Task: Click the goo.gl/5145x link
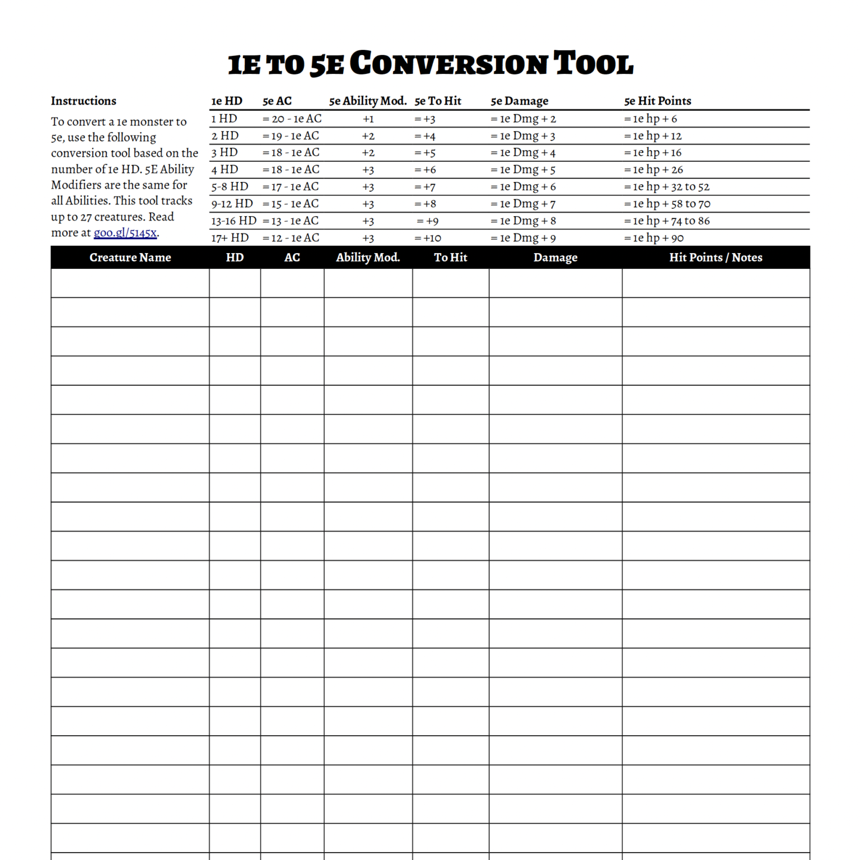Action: (x=125, y=233)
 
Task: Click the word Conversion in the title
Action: (x=451, y=63)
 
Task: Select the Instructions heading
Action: (x=83, y=101)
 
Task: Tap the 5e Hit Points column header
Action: (x=657, y=101)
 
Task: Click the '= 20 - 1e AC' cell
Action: (x=292, y=119)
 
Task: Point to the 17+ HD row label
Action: (x=230, y=238)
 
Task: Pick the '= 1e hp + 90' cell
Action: (x=653, y=238)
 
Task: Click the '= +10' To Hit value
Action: (x=428, y=238)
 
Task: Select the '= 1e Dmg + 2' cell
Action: (x=523, y=119)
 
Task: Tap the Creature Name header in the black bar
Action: (x=130, y=258)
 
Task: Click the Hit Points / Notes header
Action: (x=716, y=258)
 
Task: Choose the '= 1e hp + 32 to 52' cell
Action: (x=666, y=187)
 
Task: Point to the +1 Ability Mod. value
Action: (x=368, y=119)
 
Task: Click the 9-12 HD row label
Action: (x=232, y=204)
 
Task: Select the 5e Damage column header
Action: (x=519, y=101)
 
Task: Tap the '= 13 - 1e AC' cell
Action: (x=291, y=221)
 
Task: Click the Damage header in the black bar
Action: (x=555, y=258)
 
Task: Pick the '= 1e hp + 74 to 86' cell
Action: (x=666, y=221)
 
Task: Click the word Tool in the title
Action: (x=593, y=63)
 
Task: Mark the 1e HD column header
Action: (x=226, y=101)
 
